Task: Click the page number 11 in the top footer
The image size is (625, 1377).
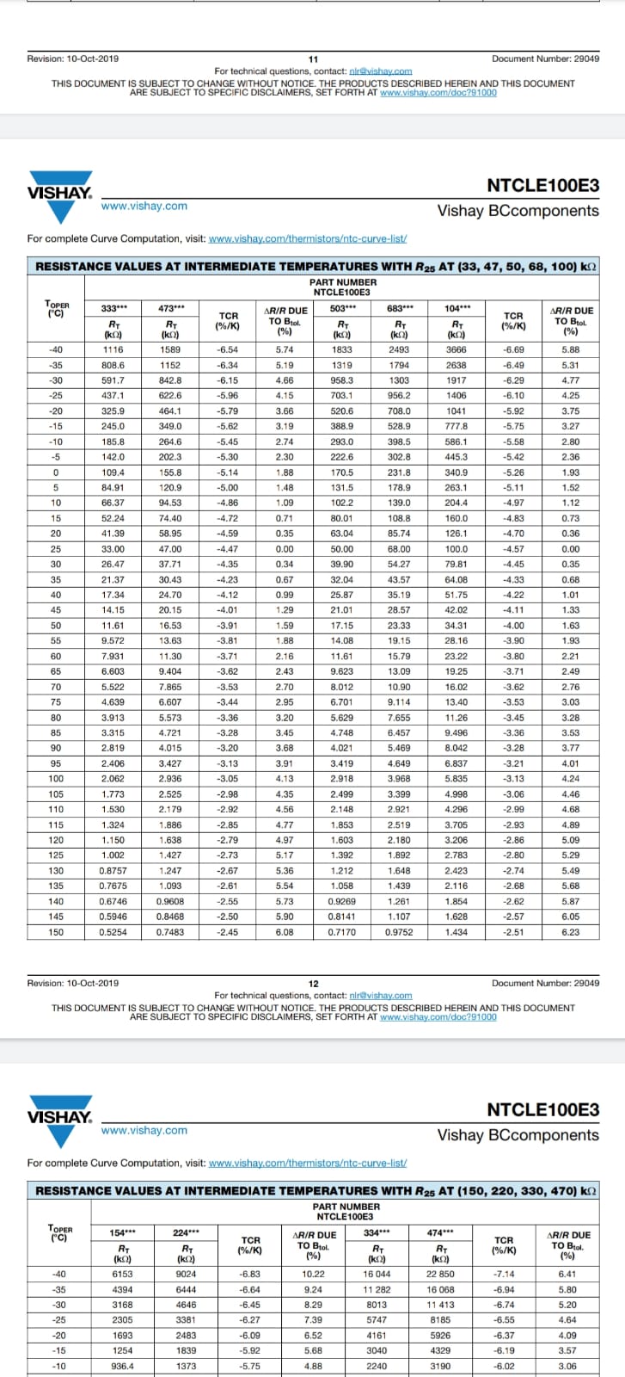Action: pyautogui.click(x=313, y=59)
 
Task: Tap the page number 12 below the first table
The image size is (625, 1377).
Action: pyautogui.click(x=313, y=984)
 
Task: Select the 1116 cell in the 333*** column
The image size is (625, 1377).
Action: pyautogui.click(x=113, y=349)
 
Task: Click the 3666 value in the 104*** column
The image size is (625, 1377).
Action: pyautogui.click(x=456, y=349)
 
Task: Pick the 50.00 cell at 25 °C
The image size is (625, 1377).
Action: pyautogui.click(x=341, y=549)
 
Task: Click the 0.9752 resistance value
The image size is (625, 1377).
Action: pyautogui.click(x=399, y=932)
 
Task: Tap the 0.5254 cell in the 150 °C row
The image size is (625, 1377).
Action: pyautogui.click(x=113, y=932)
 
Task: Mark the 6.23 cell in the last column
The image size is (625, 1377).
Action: pyautogui.click(x=570, y=932)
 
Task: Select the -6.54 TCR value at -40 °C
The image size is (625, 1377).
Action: pyautogui.click(x=228, y=349)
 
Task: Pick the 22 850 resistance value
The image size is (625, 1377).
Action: pyautogui.click(x=440, y=1274)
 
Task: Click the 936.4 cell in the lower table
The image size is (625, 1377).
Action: pyautogui.click(x=123, y=1366)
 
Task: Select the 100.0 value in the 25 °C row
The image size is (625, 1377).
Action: pyautogui.click(x=456, y=549)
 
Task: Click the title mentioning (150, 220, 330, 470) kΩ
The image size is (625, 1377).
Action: pyautogui.click(x=313, y=1191)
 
